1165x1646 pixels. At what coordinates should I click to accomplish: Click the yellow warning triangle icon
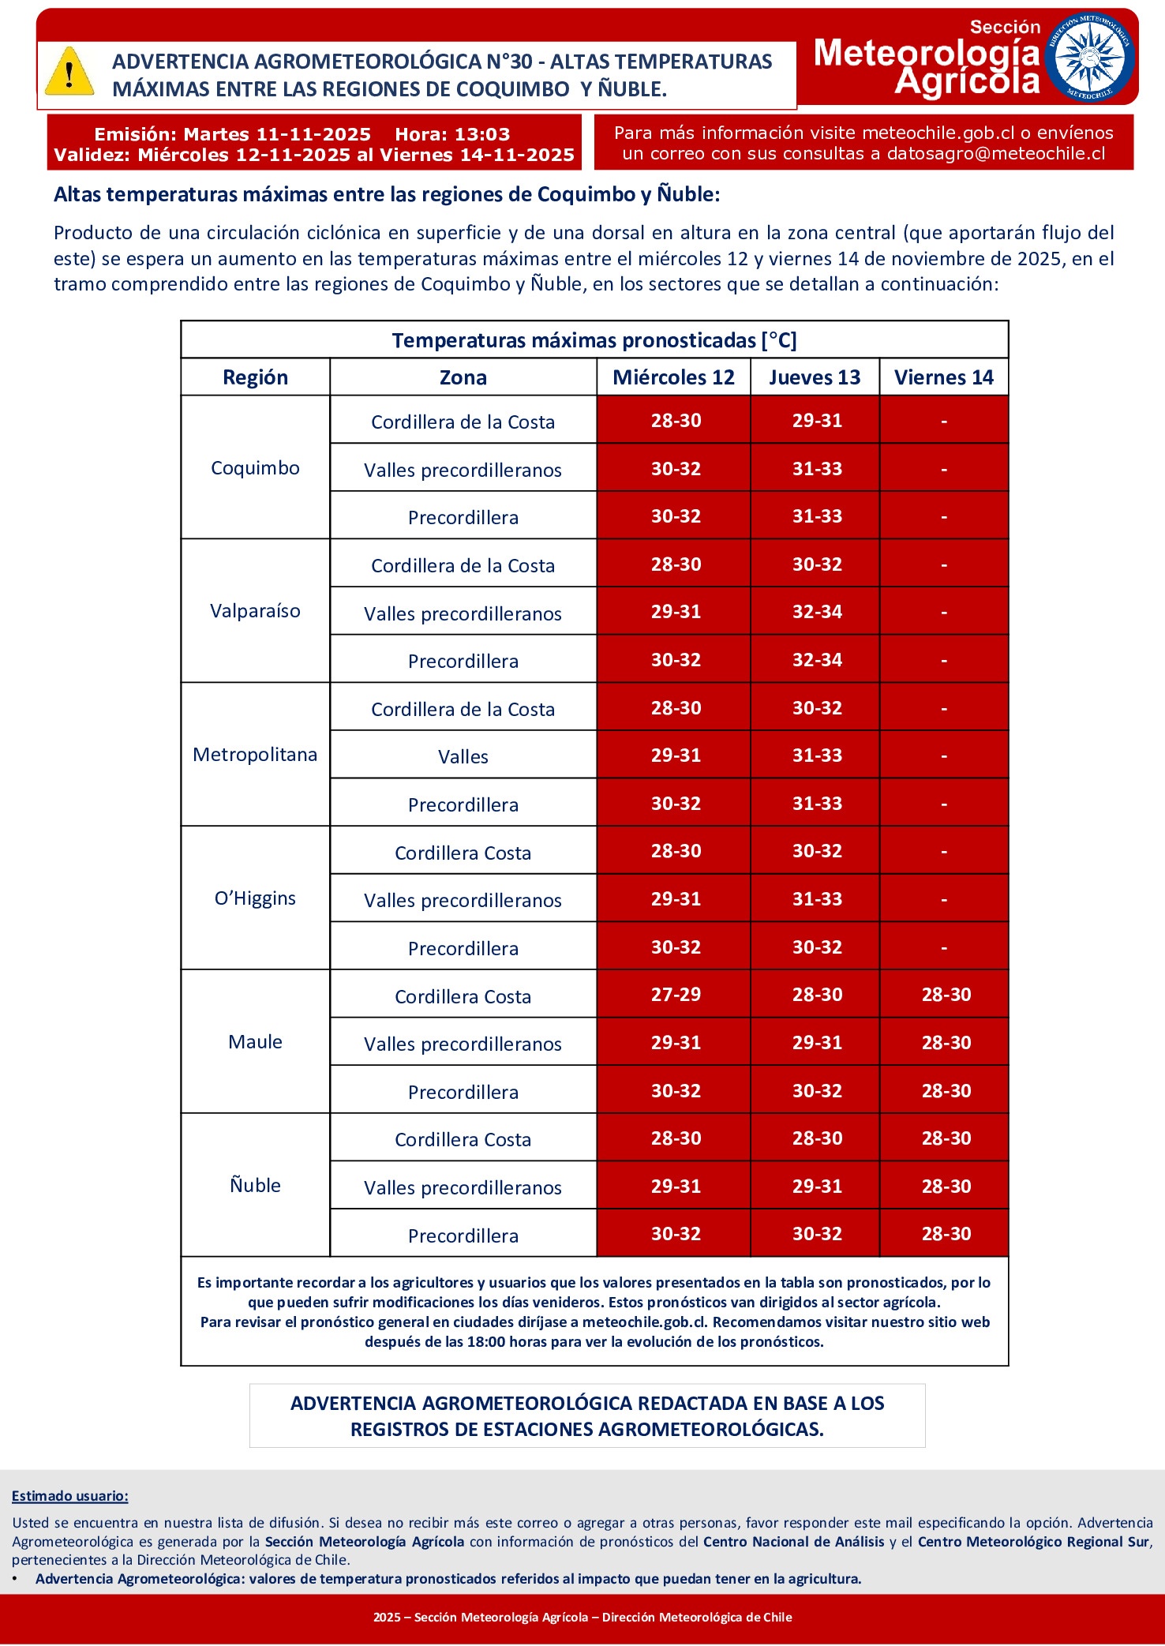pos(69,73)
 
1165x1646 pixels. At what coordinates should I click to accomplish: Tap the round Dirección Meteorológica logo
pos(1089,57)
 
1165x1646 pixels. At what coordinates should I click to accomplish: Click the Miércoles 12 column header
pos(673,377)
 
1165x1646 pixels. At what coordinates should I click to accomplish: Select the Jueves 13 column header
pos(815,377)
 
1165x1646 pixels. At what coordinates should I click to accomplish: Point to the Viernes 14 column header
pos(943,377)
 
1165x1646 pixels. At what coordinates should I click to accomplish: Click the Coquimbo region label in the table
pos(255,468)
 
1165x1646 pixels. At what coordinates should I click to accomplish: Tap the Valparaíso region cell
pos(255,611)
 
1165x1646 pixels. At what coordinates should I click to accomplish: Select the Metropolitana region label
pos(255,755)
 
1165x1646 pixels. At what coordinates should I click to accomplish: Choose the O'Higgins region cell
pos(255,898)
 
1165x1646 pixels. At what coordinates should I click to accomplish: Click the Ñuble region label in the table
pos(255,1185)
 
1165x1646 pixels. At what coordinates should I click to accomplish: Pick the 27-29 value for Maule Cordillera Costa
pos(676,995)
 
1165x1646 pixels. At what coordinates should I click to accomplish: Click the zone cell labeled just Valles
pos(463,757)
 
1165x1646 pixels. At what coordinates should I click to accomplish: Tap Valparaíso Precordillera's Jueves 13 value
pos(817,660)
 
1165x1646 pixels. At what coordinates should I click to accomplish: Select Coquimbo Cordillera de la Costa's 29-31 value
pos(817,421)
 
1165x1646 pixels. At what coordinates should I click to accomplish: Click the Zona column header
pos(463,377)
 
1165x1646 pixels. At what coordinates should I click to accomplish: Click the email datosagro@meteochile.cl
pos(996,154)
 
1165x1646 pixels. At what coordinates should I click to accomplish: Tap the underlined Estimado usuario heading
pos(69,1496)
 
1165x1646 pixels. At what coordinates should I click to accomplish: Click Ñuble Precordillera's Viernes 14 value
pos(946,1234)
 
